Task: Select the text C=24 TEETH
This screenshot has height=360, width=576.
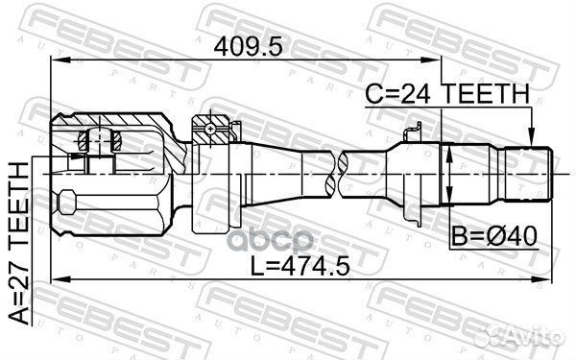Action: click(445, 93)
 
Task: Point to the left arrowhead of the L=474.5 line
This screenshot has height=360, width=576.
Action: click(55, 279)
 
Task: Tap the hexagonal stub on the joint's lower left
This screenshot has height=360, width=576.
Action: click(65, 204)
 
